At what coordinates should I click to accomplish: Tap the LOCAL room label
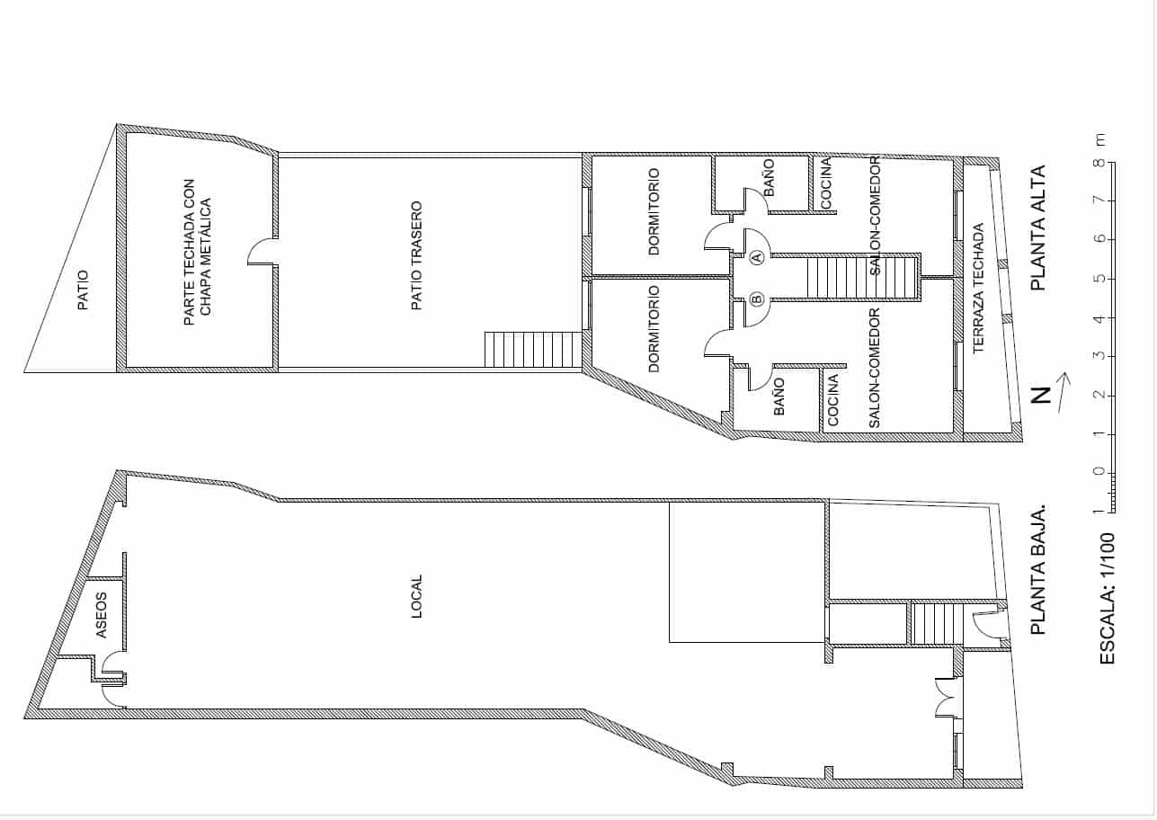[416, 596]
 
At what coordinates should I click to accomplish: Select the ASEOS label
[102, 614]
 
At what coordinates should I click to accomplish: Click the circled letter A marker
[757, 257]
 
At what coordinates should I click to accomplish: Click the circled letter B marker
[757, 299]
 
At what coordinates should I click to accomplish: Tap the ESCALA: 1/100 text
[1108, 598]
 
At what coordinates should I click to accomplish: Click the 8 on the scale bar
[1099, 164]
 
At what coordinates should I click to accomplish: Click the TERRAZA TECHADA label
[979, 288]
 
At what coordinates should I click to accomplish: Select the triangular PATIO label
[83, 290]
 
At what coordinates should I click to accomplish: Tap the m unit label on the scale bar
[1099, 139]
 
